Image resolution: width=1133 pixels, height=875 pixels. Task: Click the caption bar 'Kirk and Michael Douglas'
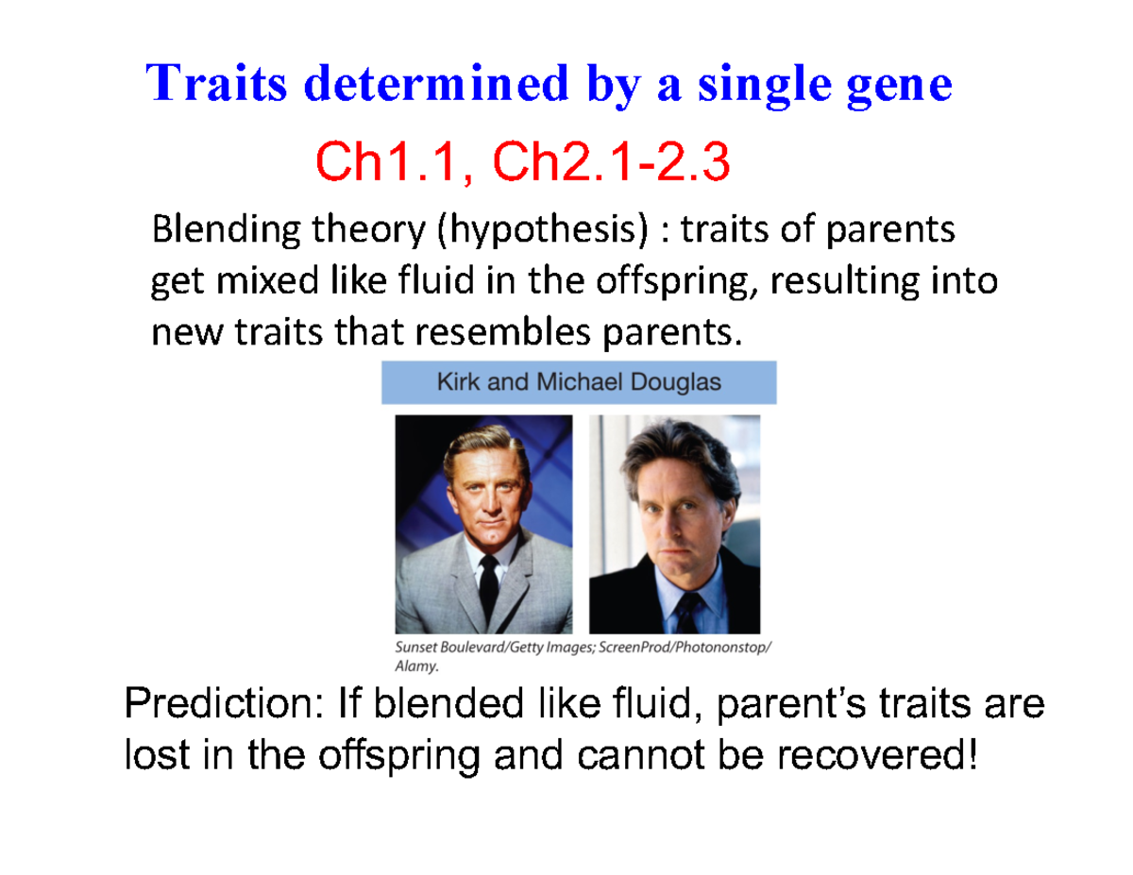[578, 383]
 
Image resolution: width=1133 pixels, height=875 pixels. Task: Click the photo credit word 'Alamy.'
[416, 665]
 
